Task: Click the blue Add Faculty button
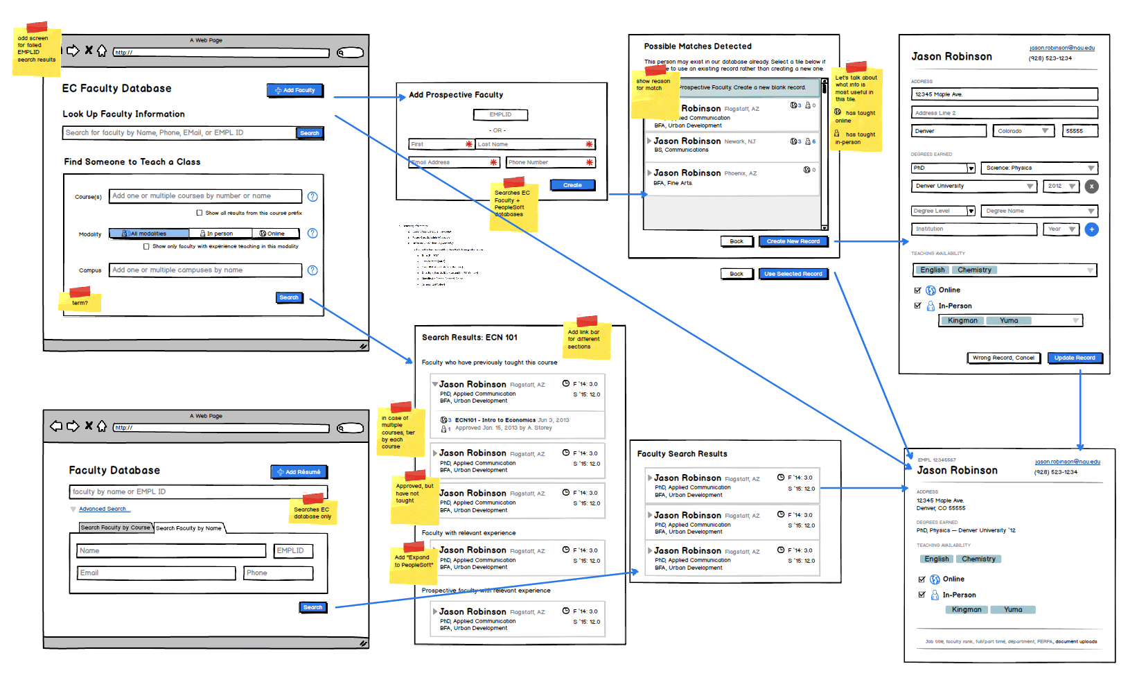[x=295, y=90]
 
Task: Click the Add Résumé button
[x=299, y=472]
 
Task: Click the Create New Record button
[x=793, y=241]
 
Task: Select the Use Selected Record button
[x=793, y=274]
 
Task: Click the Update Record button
[x=1074, y=358]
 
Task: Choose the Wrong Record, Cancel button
[x=1003, y=358]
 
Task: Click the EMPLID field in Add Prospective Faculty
[x=500, y=114]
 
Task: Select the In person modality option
[x=220, y=234]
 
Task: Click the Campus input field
[x=205, y=270]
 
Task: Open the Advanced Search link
[x=104, y=509]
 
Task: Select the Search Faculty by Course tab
[x=115, y=527]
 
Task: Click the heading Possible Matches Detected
[x=697, y=46]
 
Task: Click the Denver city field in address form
[x=948, y=131]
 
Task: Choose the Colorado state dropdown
[x=1023, y=131]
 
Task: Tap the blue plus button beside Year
[x=1091, y=229]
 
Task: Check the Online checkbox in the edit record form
[x=918, y=290]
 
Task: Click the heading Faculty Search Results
[x=682, y=454]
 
